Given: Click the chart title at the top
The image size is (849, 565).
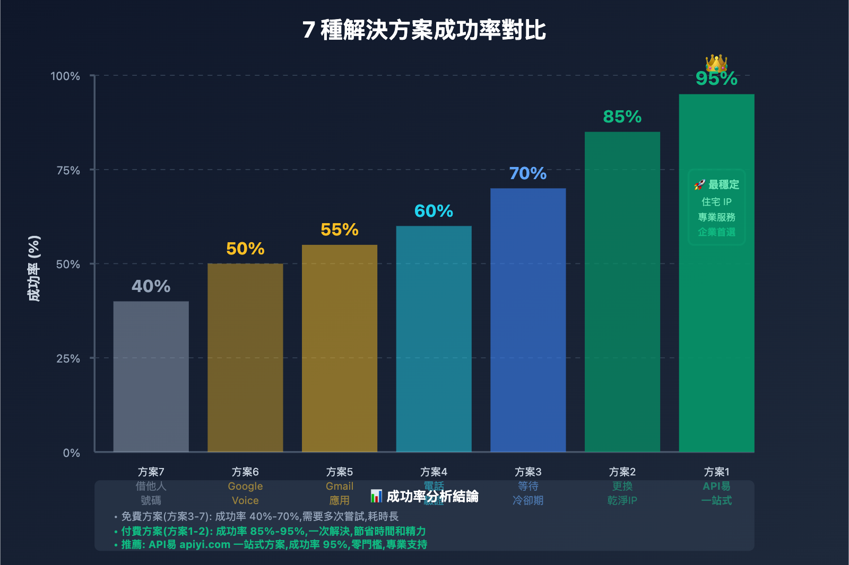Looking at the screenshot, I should coord(424,30).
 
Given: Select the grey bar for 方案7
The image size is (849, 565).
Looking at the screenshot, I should coord(151,376).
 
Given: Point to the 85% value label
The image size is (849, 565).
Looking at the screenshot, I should coord(622,117).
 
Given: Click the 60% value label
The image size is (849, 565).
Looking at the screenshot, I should coord(434,211).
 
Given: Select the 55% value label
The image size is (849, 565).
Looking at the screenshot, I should coord(340,229).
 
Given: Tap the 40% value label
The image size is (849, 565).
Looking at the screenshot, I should coord(151,286).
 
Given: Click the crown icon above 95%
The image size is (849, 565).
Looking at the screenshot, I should coord(716,63).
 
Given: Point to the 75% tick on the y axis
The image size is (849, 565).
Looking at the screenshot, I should coord(68,170).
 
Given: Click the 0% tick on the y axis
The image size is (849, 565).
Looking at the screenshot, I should coord(72,453).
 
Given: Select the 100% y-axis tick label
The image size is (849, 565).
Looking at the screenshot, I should coord(65,76).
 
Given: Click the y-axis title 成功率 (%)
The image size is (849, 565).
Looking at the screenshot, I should coord(34,268).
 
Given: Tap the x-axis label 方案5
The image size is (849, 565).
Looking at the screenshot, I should coord(340,472).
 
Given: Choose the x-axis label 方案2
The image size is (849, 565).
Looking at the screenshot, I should coord(622,472).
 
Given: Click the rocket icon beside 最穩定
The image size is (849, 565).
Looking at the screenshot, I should coord(699,184).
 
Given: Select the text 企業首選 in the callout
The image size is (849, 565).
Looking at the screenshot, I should coord(716,232).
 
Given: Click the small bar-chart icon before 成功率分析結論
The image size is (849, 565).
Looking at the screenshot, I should coord(376,496).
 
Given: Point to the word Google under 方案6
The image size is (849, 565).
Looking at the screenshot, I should coord(245,486).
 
